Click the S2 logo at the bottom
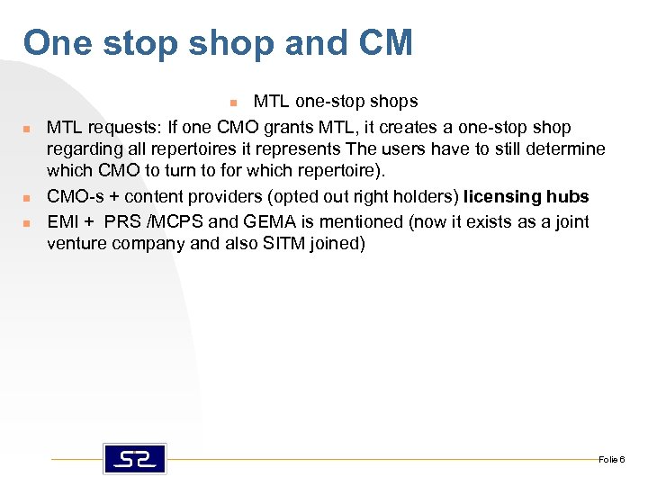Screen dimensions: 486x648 click(x=134, y=459)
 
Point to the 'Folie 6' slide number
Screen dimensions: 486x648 click(x=611, y=460)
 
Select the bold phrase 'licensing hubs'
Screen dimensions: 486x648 click(x=526, y=197)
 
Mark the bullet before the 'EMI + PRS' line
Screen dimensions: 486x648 click(x=29, y=221)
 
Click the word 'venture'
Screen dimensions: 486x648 click(x=77, y=244)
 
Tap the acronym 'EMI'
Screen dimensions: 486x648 click(x=63, y=220)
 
